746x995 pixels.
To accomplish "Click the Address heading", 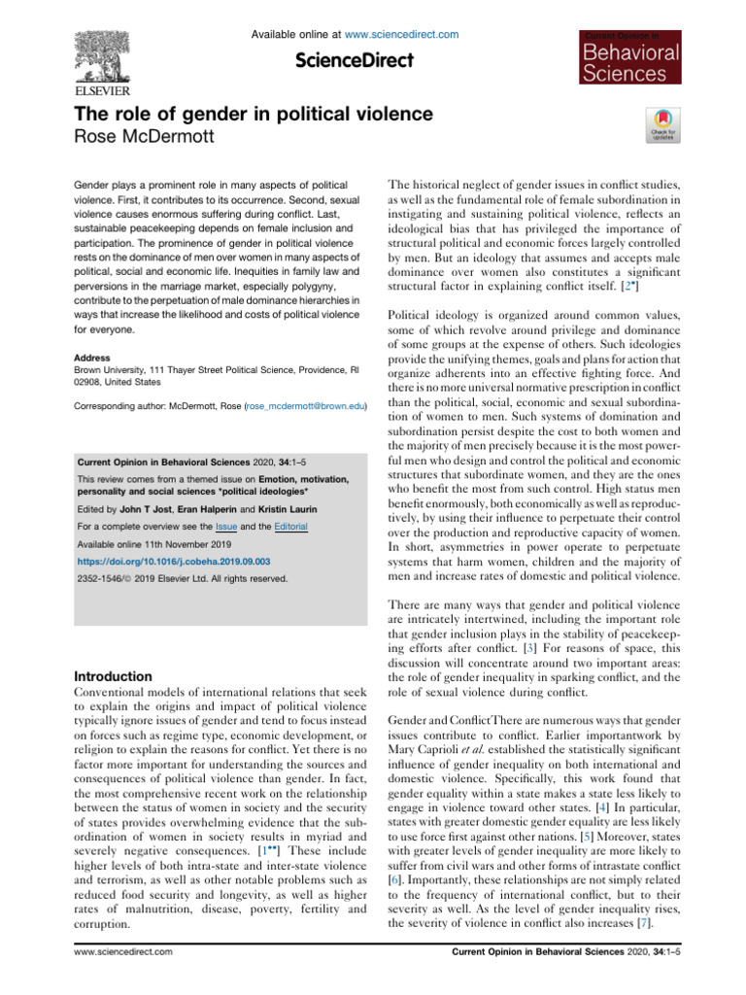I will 93,359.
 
